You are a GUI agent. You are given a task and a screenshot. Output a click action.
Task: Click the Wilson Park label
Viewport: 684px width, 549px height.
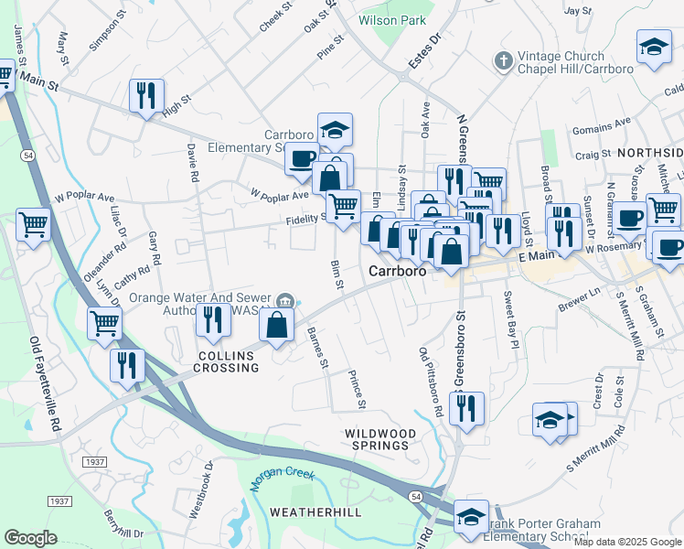coord(393,19)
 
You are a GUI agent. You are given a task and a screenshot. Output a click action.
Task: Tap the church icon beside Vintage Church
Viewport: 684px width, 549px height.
coord(501,61)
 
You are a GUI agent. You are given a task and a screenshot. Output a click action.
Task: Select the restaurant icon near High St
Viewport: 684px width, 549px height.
coord(146,96)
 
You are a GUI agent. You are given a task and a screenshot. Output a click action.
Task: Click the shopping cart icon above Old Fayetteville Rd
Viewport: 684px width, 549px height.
coord(33,223)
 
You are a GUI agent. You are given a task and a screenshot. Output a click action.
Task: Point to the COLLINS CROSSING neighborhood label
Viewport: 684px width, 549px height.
coord(226,367)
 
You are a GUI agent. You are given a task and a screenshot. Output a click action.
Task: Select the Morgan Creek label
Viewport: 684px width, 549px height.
coord(283,477)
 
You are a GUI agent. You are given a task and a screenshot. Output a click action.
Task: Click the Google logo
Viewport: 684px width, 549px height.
coord(31,538)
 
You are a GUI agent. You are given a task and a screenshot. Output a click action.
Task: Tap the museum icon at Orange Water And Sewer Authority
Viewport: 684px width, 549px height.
coord(286,300)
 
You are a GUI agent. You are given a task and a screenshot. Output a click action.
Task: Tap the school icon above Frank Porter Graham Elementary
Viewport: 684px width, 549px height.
coord(472,516)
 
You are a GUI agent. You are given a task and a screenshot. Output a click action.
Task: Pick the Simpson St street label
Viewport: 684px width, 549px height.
coord(105,34)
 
